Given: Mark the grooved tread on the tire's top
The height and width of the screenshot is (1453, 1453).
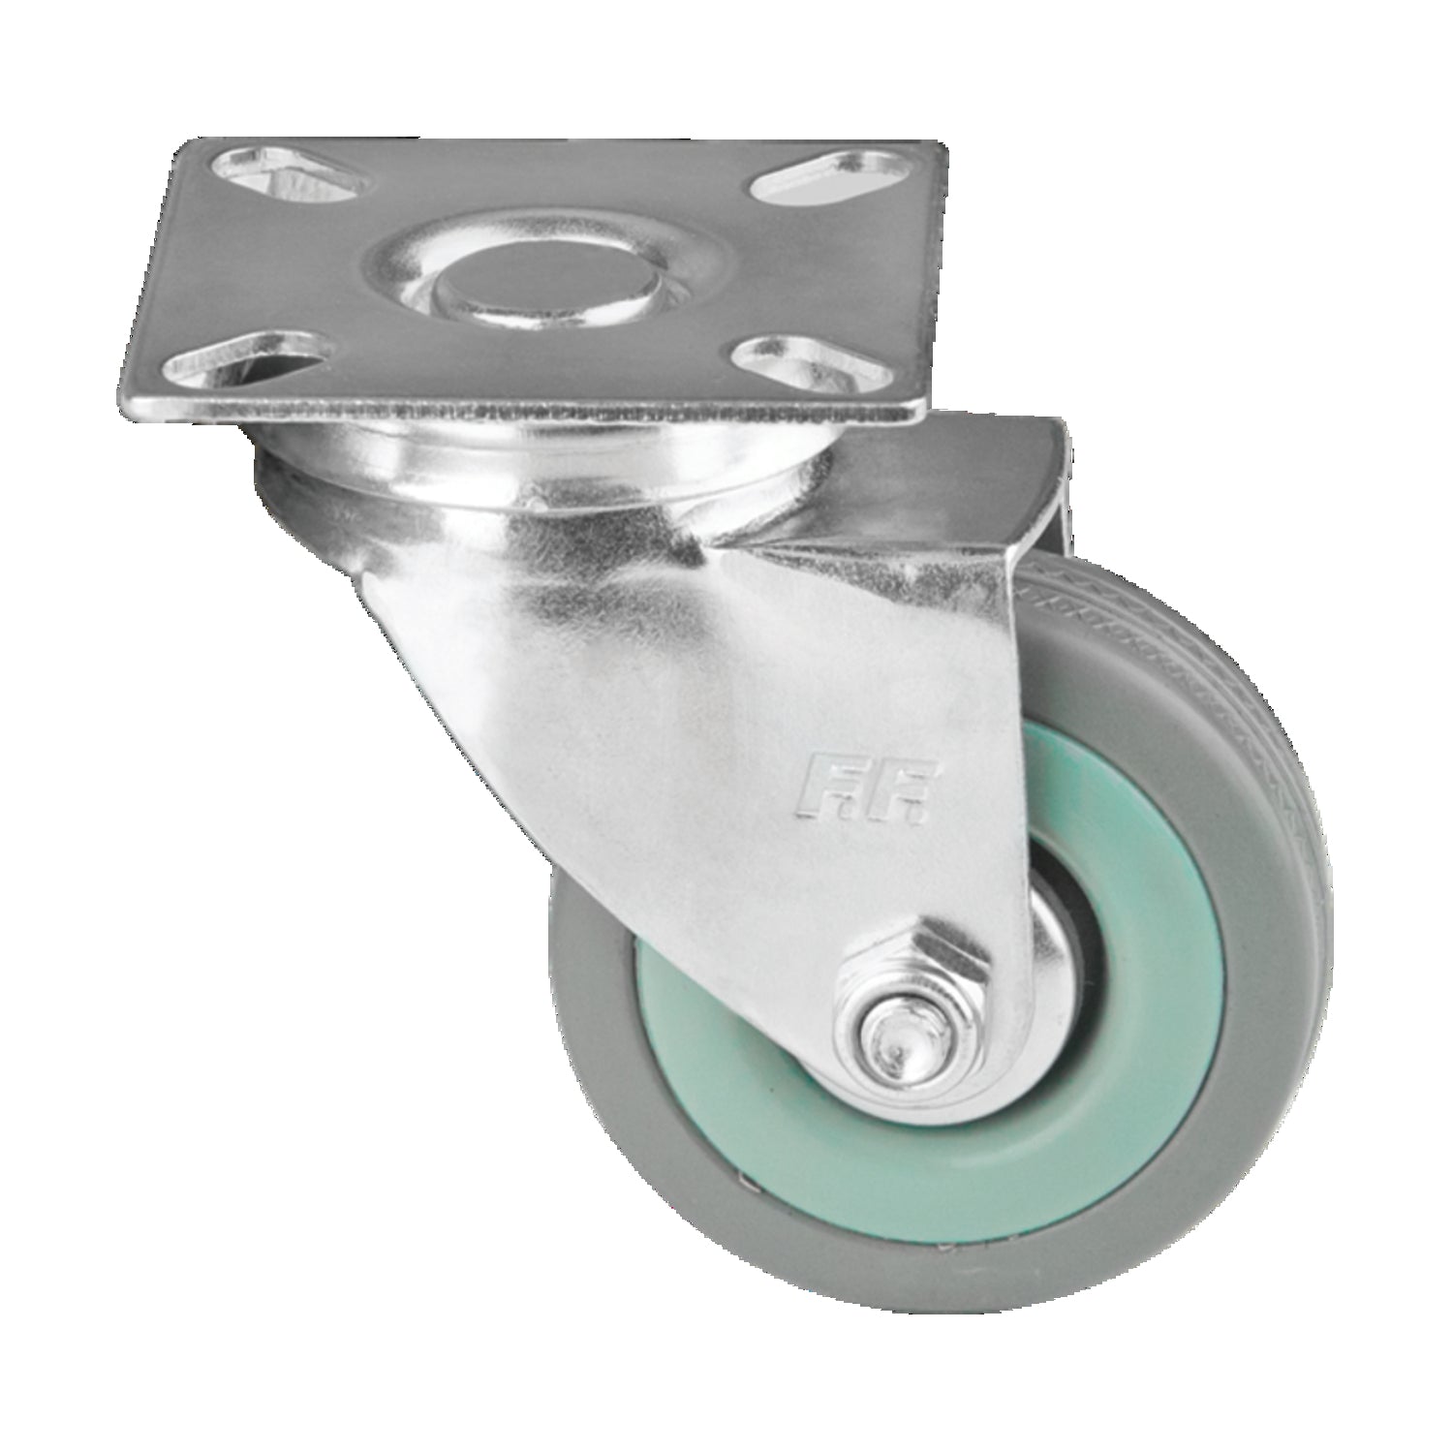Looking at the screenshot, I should [1162, 601].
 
